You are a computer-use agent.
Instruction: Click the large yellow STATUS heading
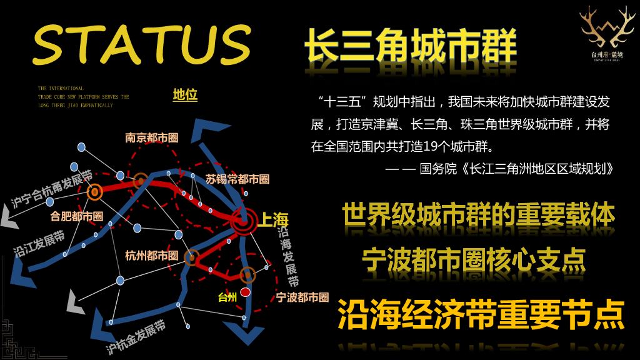tap(141, 45)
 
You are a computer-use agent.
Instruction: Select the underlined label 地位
tap(185, 95)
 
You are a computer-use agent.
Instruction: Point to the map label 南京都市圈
tap(152, 137)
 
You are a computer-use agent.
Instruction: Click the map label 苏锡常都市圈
tap(237, 179)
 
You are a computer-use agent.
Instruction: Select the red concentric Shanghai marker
tap(244, 219)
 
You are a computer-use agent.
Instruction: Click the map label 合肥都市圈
tap(77, 216)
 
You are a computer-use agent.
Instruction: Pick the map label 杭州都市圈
tap(152, 256)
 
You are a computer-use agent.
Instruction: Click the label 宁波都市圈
tap(302, 297)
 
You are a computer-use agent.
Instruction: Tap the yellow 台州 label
tap(227, 297)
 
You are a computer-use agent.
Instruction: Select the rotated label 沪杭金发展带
tap(136, 338)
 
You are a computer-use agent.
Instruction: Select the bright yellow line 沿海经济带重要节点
tap(481, 314)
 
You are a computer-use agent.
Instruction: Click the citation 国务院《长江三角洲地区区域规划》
tap(516, 169)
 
